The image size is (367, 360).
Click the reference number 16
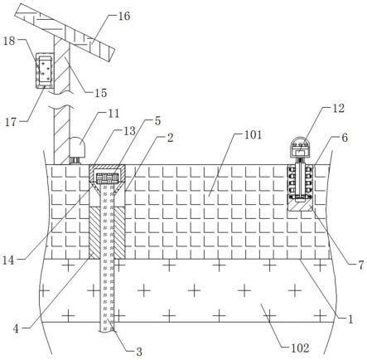point(124,16)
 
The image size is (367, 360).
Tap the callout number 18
point(9,41)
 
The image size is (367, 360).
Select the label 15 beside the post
point(100,93)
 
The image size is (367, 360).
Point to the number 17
point(11,122)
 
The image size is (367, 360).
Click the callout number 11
point(113,114)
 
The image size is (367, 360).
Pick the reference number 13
point(130,131)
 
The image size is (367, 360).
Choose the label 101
point(254,135)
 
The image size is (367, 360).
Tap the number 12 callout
point(338,108)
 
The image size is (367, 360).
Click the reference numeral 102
point(300,348)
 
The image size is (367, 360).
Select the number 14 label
point(8,260)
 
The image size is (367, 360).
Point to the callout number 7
point(361,265)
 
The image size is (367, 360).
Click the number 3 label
point(139,352)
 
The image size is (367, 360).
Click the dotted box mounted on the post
point(45,70)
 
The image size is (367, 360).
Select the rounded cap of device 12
point(301,143)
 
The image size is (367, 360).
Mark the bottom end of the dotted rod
point(107,330)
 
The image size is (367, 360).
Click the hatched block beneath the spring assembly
point(301,205)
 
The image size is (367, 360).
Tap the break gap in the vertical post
point(62,100)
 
